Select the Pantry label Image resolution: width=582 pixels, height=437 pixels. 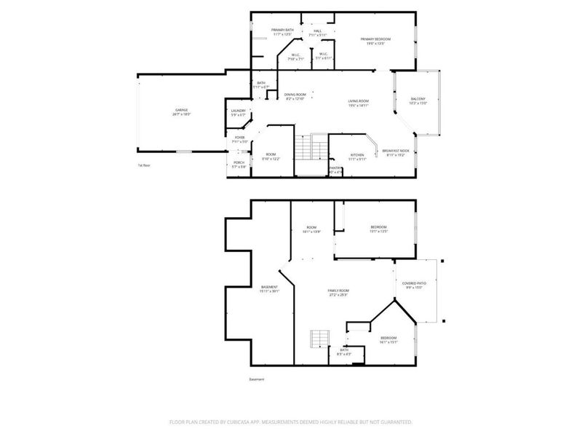[x=335, y=170]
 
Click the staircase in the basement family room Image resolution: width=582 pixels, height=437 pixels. [x=320, y=338]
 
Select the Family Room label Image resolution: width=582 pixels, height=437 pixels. [x=338, y=293]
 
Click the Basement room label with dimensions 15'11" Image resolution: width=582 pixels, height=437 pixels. [x=269, y=289]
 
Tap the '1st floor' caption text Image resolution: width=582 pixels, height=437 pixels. [x=145, y=165]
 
